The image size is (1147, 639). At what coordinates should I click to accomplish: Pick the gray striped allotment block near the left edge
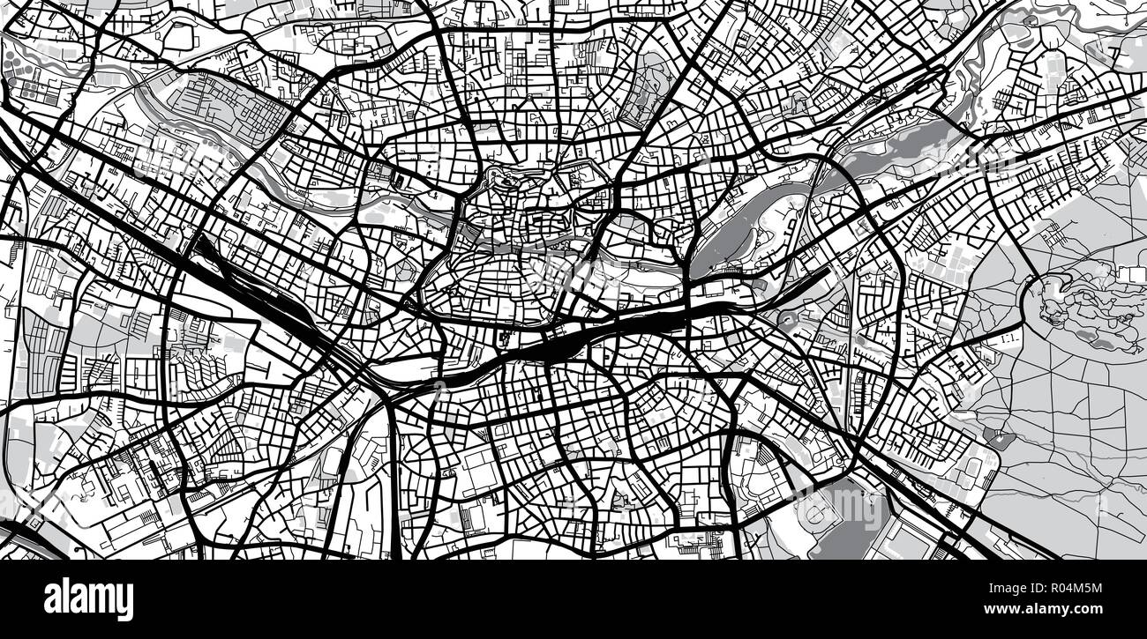click(40, 344)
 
